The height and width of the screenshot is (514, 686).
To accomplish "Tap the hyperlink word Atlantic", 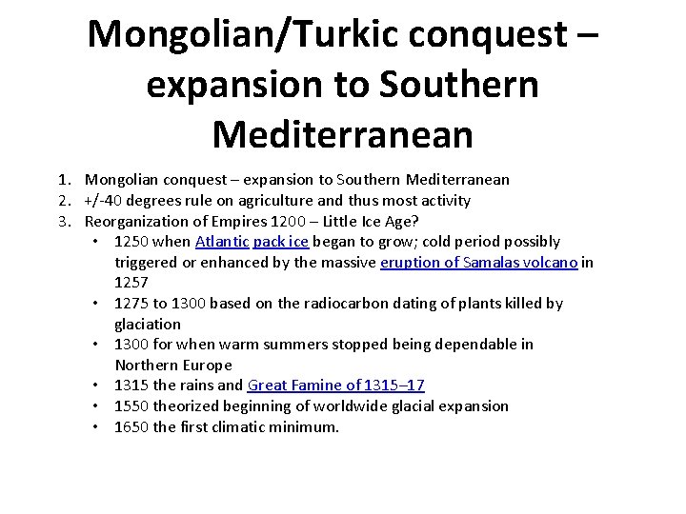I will coord(220,242).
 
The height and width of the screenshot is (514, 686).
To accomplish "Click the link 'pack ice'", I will coord(281,242).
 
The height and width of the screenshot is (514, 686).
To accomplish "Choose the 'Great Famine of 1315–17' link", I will coord(335,385).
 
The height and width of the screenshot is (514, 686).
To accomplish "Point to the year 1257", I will coord(131,283).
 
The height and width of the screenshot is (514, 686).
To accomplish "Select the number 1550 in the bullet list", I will coord(131,406).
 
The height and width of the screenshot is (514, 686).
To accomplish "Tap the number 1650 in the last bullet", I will coord(131,427).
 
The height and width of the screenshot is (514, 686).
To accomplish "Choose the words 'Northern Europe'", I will coord(173,366).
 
